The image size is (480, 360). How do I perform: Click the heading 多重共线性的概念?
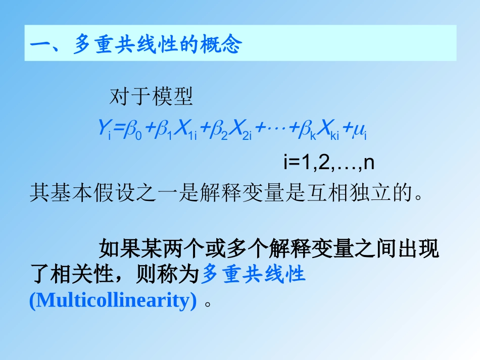click(x=157, y=45)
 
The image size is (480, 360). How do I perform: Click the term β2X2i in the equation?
click(x=229, y=131)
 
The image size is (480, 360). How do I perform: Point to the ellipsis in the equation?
click(x=276, y=130)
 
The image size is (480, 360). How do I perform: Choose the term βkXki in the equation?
click(x=318, y=131)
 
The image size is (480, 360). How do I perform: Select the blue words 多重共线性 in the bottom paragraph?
click(x=254, y=275)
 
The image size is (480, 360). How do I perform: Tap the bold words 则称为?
click(x=162, y=275)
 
